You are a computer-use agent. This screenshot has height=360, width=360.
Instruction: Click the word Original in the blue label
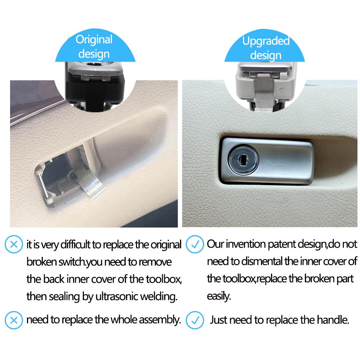(x=94, y=39)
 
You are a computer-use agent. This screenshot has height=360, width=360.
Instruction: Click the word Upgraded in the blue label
(x=266, y=41)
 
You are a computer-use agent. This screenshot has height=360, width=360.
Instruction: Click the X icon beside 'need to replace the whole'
(x=13, y=319)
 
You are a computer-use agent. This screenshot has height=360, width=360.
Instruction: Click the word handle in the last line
(x=334, y=320)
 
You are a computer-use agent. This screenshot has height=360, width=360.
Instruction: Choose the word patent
(x=282, y=244)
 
